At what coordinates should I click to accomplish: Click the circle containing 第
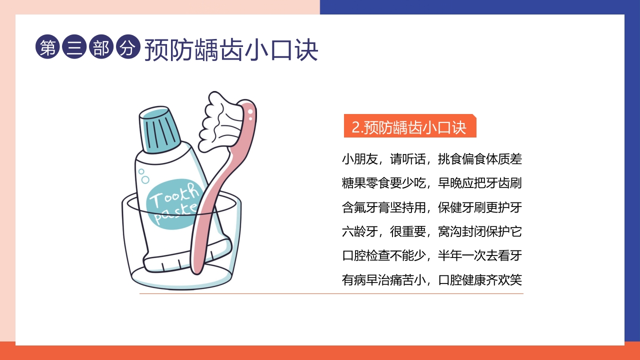47,47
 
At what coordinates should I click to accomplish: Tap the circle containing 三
74,47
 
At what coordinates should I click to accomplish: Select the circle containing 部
101,47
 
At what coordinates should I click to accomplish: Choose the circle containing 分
128,47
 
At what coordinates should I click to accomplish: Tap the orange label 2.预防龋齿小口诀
409,127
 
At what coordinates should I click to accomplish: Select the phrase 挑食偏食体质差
480,159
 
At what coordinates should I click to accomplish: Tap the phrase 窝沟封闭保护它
480,231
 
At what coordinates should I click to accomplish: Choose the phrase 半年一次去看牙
480,255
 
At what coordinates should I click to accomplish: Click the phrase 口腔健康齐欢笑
480,279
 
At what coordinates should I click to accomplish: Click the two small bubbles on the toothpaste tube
144,175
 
